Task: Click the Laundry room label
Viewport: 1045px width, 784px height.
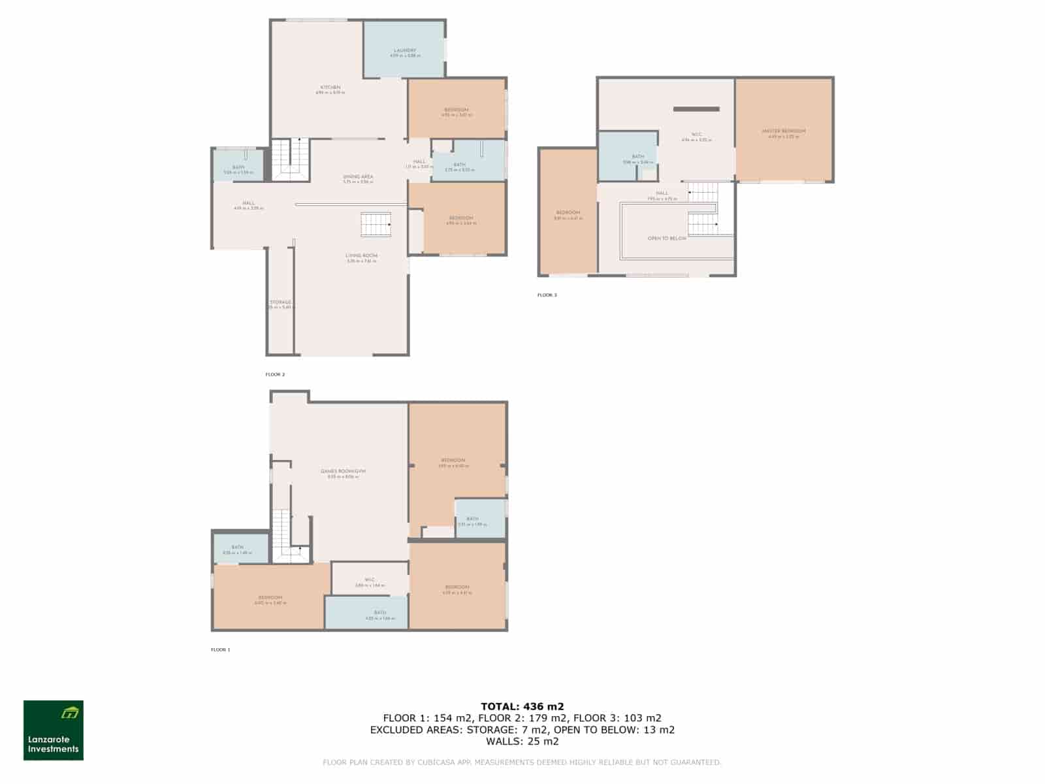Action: pos(405,51)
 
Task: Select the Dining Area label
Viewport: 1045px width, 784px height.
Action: pos(358,177)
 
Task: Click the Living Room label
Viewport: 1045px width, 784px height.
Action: pos(362,256)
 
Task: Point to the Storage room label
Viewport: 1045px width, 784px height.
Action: pos(281,302)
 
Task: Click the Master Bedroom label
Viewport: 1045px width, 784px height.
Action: pos(784,131)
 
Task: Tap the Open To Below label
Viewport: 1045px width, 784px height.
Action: pos(667,238)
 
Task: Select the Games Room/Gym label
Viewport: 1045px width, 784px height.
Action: pos(344,472)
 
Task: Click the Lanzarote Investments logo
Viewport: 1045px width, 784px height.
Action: pos(54,730)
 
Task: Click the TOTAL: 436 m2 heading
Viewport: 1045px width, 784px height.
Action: pos(522,706)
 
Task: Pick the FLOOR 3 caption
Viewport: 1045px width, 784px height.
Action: pos(547,295)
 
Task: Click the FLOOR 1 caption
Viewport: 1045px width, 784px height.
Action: pos(221,650)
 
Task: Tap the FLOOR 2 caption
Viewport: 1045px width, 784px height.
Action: pos(275,375)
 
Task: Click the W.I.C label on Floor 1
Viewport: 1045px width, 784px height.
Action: pos(370,580)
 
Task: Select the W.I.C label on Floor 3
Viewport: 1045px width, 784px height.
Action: pos(696,135)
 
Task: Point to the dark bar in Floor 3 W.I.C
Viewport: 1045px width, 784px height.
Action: pos(696,109)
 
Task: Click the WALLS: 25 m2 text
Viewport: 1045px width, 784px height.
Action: pos(522,742)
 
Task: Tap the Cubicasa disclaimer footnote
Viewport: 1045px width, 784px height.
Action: pos(522,762)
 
